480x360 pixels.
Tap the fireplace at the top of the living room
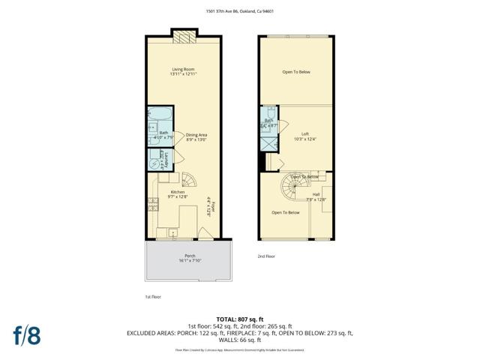click(184, 36)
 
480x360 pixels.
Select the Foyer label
click(212, 205)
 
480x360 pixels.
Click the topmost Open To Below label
click(296, 72)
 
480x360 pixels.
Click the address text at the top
click(240, 11)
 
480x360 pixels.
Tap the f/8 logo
click(27, 334)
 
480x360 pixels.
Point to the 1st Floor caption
click(152, 296)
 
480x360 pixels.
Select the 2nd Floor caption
click(266, 256)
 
